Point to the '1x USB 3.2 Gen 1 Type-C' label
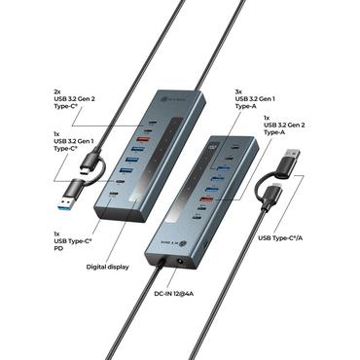tap(75, 143)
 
